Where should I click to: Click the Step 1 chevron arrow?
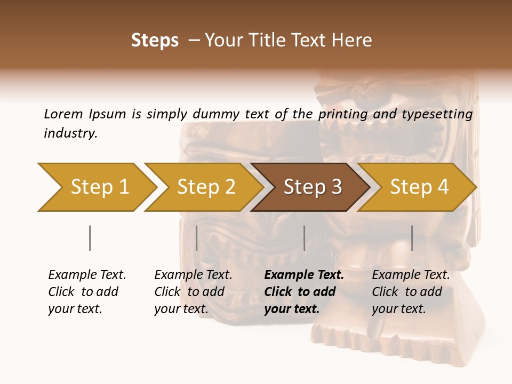click(x=99, y=187)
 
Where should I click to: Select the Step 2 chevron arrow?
click(x=205, y=187)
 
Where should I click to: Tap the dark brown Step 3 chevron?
click(x=312, y=187)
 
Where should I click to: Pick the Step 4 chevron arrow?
click(x=419, y=187)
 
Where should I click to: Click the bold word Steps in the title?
click(x=155, y=41)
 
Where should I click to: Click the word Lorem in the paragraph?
click(x=63, y=114)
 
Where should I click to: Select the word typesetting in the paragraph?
click(x=441, y=114)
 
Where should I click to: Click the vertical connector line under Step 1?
click(x=90, y=238)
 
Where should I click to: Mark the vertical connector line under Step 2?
click(x=197, y=238)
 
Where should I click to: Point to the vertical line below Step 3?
click(x=304, y=238)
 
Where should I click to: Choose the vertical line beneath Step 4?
click(x=412, y=238)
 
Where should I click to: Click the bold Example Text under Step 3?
click(x=304, y=275)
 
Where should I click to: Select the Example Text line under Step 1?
click(x=87, y=275)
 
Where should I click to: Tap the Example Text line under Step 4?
click(x=411, y=275)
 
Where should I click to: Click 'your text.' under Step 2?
click(x=181, y=309)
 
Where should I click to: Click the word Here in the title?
click(x=354, y=41)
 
